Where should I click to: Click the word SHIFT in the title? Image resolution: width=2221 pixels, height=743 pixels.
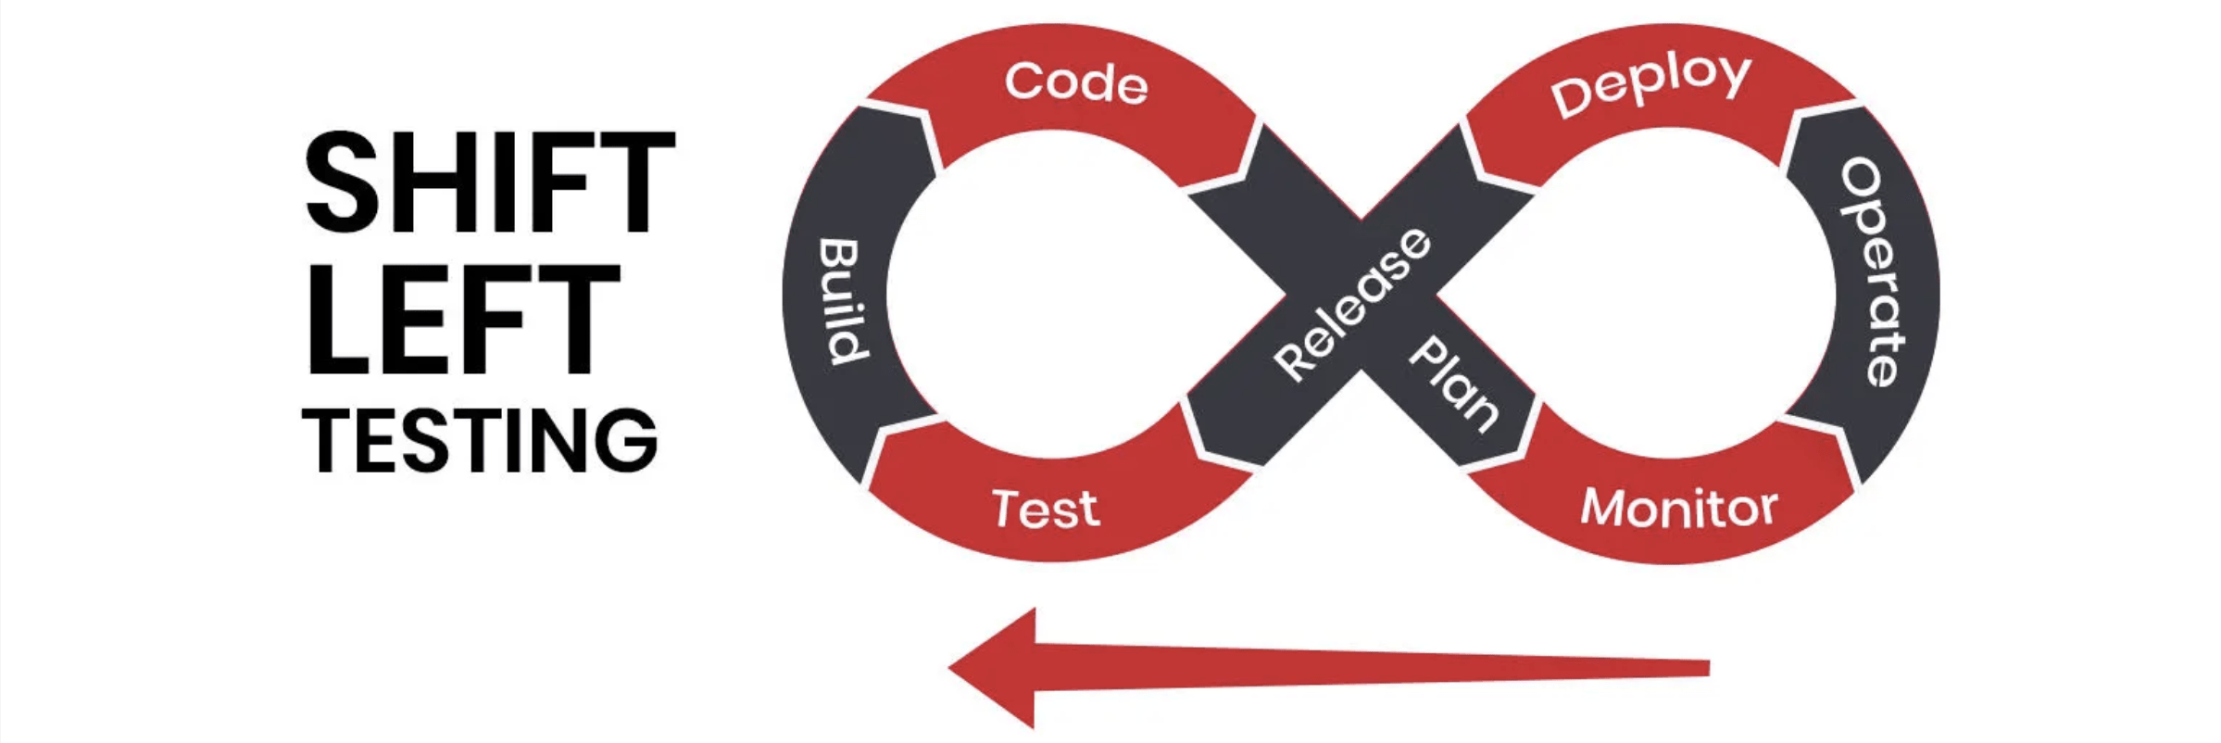(489, 182)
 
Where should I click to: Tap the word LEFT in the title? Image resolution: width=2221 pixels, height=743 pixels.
(461, 320)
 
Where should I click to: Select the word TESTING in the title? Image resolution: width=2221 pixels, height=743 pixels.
(480, 440)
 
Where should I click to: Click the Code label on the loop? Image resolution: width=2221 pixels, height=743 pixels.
(1076, 83)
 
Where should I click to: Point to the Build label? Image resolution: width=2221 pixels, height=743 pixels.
(843, 301)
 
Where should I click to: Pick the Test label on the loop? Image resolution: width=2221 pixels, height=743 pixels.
(1046, 509)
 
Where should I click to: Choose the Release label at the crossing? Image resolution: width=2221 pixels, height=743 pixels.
(1352, 305)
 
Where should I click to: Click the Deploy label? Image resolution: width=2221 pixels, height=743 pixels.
(1651, 83)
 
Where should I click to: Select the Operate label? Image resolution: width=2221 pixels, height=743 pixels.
(1873, 271)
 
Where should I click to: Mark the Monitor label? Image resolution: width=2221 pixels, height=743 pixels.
(1678, 508)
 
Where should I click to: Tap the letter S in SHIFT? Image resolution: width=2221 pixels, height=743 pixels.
(344, 182)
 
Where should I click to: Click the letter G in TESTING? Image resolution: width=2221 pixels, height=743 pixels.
(626, 440)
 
